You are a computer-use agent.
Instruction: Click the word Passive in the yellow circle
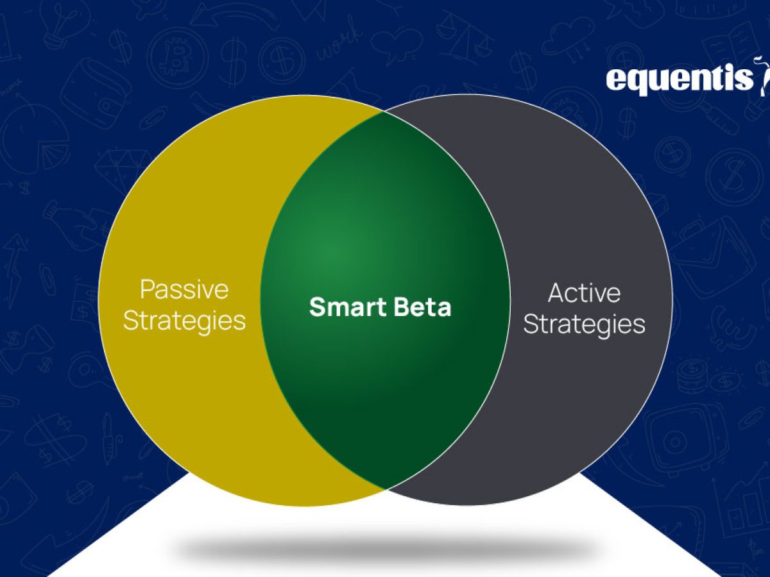[185, 290]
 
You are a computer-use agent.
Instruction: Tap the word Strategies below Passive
[185, 321]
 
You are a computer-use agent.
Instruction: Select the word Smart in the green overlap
[348, 307]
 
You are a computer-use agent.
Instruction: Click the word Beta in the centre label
[422, 307]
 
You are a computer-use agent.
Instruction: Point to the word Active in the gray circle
[584, 293]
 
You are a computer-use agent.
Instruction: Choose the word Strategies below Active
[584, 324]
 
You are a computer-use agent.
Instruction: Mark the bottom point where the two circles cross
[386, 489]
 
